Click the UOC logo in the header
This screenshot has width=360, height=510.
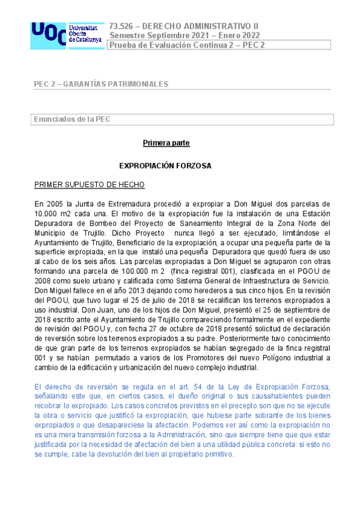coord(65,35)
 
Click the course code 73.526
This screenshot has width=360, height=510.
coord(121,26)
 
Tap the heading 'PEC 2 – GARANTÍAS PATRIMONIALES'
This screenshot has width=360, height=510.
coord(101,84)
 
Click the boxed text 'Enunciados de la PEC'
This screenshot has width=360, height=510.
coord(72,119)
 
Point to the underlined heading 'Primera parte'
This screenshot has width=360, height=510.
coord(166,143)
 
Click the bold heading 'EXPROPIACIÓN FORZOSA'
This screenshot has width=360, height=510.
coord(165,165)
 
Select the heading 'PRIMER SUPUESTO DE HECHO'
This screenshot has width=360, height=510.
coord(89,184)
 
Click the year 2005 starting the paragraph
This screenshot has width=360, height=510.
coord(56,204)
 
